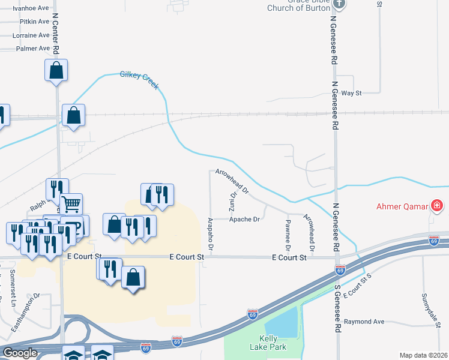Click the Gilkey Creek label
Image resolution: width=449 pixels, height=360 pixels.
click(x=139, y=80)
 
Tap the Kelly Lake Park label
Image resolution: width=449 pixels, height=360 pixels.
click(x=268, y=343)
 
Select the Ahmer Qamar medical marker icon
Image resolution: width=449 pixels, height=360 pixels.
click(x=438, y=207)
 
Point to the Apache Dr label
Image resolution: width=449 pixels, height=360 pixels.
click(x=244, y=220)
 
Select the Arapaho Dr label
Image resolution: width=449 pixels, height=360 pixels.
click(x=210, y=234)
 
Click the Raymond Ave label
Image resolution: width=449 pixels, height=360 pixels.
click(x=368, y=322)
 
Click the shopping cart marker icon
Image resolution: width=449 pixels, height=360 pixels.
click(x=71, y=205)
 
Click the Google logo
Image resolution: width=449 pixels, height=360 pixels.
click(x=20, y=353)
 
